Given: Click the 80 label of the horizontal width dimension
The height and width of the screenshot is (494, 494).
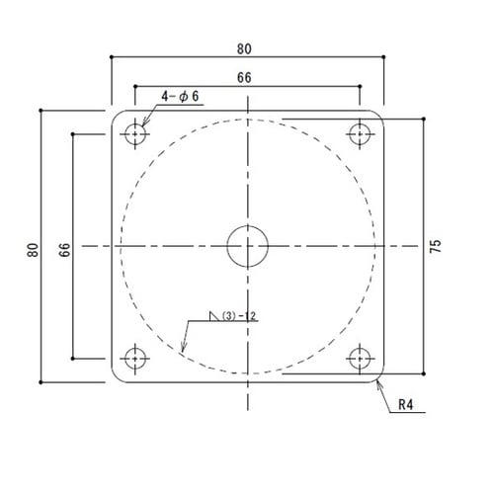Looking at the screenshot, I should (x=245, y=45).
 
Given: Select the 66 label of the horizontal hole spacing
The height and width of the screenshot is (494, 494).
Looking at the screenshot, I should (x=245, y=75).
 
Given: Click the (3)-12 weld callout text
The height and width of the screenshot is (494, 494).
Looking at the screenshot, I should (x=240, y=316).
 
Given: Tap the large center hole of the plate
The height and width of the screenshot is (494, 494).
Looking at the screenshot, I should (x=247, y=245).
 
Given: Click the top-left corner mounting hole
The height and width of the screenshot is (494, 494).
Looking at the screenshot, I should (x=135, y=132).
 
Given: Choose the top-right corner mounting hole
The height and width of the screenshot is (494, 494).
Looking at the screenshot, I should (x=360, y=132).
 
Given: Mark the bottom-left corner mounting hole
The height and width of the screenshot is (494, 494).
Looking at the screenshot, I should (x=135, y=358).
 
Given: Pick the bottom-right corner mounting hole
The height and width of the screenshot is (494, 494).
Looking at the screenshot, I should (x=360, y=358).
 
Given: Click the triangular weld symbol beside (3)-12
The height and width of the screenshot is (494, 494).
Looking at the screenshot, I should (x=212, y=317).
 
